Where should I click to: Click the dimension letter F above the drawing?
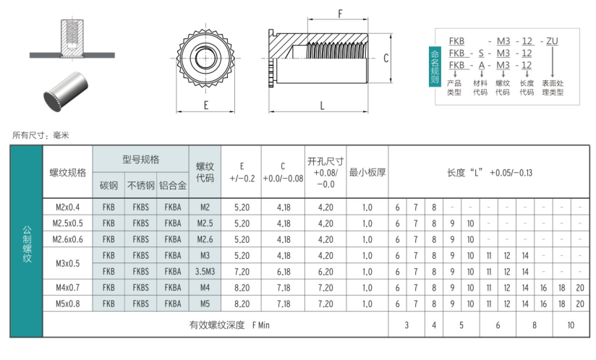click(x=340, y=14)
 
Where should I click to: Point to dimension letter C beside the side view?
click(x=386, y=58)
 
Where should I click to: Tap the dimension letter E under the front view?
click(x=206, y=106)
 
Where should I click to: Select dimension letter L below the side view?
click(x=322, y=106)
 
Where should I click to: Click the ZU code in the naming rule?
click(x=553, y=40)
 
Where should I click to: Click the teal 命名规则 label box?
click(x=435, y=67)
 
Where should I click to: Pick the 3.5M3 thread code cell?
click(x=205, y=272)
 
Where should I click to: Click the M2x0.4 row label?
click(x=68, y=207)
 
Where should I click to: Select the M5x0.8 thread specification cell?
click(x=68, y=304)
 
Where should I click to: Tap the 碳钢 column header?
click(x=108, y=185)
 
